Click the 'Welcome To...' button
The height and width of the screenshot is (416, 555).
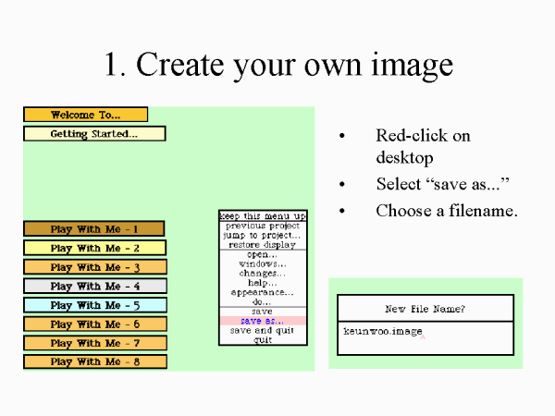85,115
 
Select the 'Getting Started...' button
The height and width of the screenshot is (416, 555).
93,134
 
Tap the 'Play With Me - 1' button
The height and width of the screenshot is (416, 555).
93,228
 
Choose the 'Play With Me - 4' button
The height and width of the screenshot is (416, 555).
94,286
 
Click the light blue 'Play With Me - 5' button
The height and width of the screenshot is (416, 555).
94,305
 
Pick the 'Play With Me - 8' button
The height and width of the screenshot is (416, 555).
94,361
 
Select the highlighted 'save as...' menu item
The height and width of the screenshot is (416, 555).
262,321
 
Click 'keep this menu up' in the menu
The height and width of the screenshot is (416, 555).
263,215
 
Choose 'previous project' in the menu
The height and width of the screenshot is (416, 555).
263,226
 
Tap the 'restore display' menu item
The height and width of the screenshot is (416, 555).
263,245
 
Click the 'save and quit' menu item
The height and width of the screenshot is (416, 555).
262,330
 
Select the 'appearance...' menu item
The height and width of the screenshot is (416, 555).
263,292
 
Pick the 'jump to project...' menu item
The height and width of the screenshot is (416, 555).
263,235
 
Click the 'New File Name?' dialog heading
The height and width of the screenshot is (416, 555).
425,308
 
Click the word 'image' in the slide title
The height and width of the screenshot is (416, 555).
407,65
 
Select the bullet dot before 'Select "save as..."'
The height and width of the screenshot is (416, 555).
343,184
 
